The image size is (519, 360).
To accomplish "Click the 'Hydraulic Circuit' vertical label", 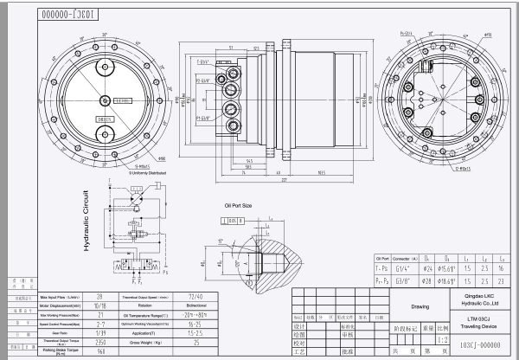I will [86, 220].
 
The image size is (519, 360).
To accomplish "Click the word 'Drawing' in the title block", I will [419, 305].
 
